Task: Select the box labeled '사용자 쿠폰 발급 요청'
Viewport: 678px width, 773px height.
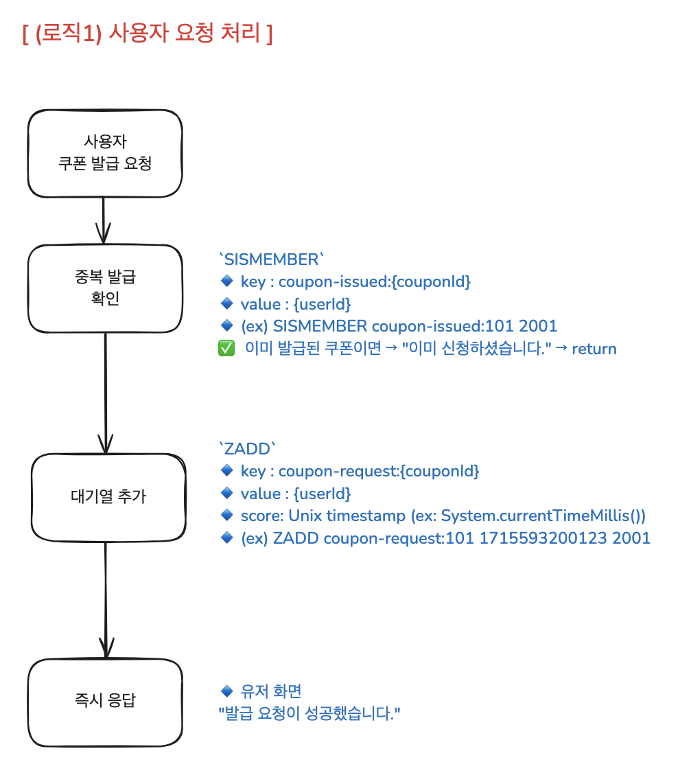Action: pos(105,153)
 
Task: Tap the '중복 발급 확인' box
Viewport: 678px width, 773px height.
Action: pos(105,288)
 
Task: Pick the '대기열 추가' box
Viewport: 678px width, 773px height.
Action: pos(108,496)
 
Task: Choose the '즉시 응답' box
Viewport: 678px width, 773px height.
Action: pos(105,701)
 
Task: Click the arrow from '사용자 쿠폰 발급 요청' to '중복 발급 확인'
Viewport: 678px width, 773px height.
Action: pos(103,220)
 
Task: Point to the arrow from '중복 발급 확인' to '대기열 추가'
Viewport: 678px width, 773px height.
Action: pos(105,391)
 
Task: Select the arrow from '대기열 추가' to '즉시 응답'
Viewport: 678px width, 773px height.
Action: pos(106,597)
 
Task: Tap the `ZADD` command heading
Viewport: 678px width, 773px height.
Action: pos(247,450)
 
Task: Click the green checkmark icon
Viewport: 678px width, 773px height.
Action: pos(226,349)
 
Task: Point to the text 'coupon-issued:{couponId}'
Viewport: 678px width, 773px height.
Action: pos(375,282)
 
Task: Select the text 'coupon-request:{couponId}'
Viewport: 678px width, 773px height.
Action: pos(379,472)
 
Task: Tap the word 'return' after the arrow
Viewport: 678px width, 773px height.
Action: pos(594,349)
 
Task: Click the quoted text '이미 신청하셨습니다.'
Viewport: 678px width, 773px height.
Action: pos(478,349)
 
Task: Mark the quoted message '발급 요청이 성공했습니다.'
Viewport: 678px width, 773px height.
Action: pos(309,713)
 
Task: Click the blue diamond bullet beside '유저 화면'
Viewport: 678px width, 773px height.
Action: pos(227,691)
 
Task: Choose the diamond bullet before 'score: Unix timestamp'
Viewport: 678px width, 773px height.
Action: pos(227,516)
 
